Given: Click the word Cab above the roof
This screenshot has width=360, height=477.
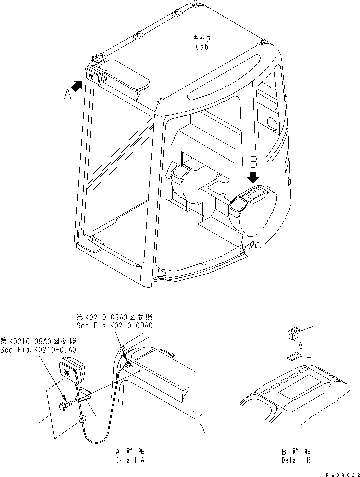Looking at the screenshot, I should [x=202, y=47].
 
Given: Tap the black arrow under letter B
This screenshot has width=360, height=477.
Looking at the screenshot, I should [x=253, y=177].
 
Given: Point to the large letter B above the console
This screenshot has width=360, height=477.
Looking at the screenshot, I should [x=253, y=162].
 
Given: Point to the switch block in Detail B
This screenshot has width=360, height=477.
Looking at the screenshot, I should [x=293, y=333].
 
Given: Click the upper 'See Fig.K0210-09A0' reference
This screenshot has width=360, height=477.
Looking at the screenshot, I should [x=114, y=325].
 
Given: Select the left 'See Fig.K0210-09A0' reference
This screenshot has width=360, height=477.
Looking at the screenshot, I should [x=38, y=350].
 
